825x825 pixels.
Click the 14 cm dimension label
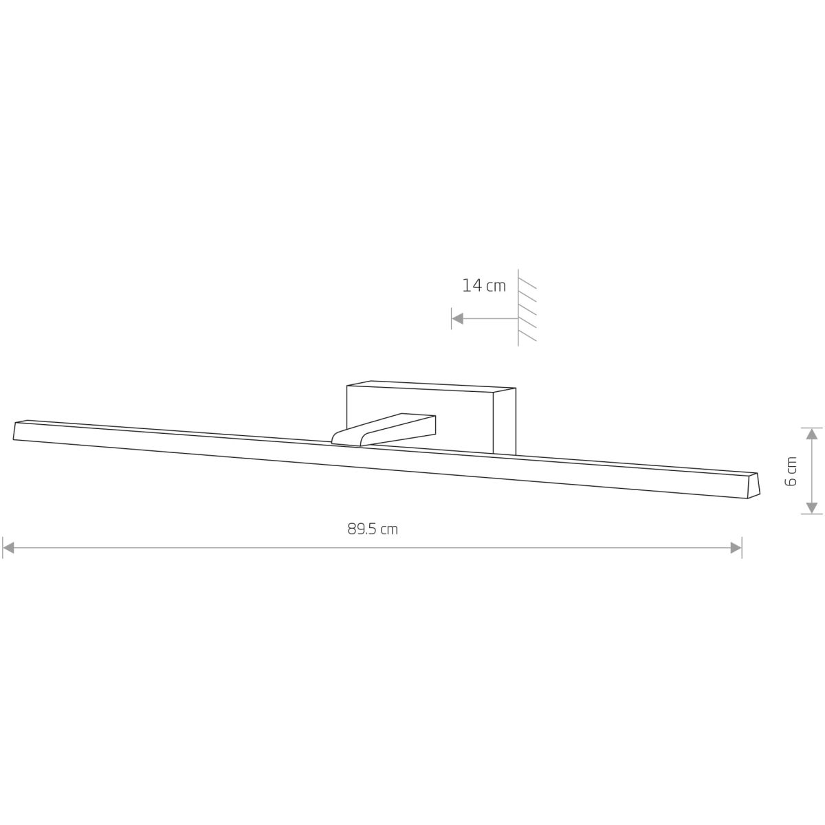tap(484, 285)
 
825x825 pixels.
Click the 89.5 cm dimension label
tap(373, 529)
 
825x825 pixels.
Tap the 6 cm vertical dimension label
tap(791, 472)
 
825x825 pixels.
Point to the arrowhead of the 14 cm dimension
tap(458, 318)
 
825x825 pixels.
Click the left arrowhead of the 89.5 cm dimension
tap(8, 547)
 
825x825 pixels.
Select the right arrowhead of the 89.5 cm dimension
tap(736, 547)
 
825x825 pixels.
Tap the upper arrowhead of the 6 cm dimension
tap(811, 434)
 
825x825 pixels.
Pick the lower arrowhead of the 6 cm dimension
tap(811, 508)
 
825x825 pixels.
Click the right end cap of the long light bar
tap(753, 485)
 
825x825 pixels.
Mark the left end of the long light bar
tap(14, 431)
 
